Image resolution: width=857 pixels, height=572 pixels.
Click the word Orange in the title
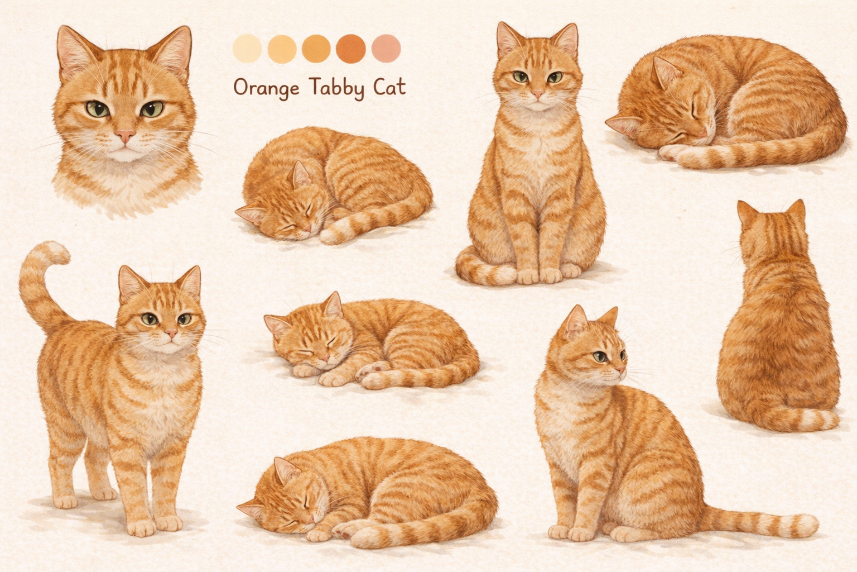point(267,88)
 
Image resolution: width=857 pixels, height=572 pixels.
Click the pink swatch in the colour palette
point(386,49)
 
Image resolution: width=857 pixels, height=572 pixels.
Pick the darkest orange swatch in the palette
point(351,49)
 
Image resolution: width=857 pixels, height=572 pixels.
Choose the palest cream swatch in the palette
point(247,49)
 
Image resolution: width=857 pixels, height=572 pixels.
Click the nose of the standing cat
point(171,333)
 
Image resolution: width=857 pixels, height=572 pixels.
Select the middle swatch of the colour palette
point(316,49)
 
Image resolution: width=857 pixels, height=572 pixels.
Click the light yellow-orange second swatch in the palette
point(282,49)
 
